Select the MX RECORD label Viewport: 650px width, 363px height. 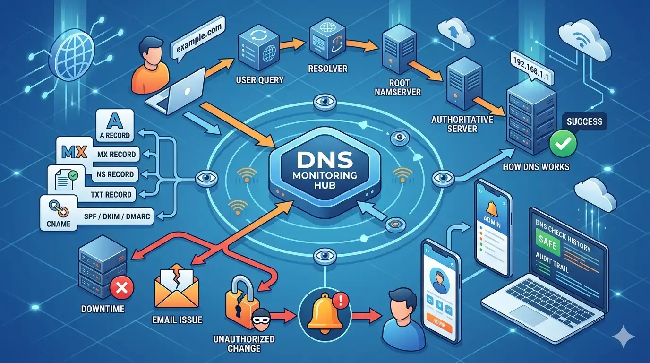[x=116, y=154]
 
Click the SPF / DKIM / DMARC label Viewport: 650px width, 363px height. [x=124, y=216]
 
